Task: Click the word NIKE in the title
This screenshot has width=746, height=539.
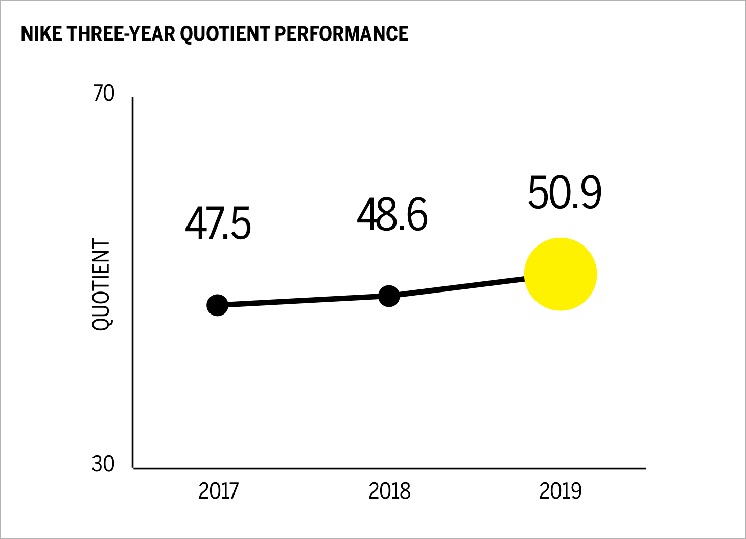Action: (42, 34)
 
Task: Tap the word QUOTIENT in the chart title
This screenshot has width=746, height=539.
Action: (226, 34)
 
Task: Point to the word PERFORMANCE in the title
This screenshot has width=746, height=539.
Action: (342, 34)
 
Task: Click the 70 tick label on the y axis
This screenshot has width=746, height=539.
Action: (103, 94)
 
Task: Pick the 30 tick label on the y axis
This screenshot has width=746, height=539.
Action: (103, 464)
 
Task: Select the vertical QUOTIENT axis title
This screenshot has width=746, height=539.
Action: (101, 285)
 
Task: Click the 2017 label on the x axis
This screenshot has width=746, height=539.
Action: (218, 491)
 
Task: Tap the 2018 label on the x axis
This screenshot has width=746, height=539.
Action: (389, 491)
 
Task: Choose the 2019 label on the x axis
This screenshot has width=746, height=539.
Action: (561, 491)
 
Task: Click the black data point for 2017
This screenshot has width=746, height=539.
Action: (217, 305)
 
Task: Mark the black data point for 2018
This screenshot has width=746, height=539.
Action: (389, 296)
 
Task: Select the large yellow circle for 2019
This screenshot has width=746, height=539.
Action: (561, 274)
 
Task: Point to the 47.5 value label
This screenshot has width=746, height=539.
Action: (218, 224)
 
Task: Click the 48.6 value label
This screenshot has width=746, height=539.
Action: (392, 215)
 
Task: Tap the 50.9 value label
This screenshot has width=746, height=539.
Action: (565, 193)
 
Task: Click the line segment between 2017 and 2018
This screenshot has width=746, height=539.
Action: (303, 301)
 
